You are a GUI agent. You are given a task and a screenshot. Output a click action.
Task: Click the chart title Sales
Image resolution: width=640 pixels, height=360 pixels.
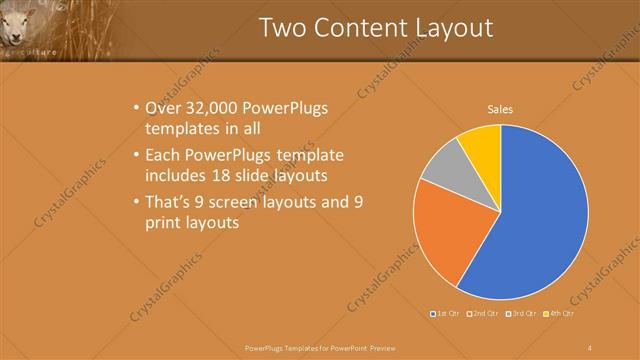pyautogui.click(x=500, y=109)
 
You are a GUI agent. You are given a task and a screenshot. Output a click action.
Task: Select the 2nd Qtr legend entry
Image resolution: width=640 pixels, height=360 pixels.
pyautogui.click(x=483, y=314)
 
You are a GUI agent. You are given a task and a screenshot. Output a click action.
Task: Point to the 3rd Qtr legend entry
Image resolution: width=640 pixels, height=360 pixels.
pyautogui.click(x=521, y=314)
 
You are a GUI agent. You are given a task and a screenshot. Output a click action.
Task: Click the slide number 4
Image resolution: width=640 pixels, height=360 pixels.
pyautogui.click(x=589, y=347)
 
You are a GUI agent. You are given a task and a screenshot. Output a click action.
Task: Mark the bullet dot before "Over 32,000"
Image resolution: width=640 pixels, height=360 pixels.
pyautogui.click(x=136, y=108)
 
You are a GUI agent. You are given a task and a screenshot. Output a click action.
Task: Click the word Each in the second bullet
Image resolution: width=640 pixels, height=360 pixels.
pyautogui.click(x=163, y=156)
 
